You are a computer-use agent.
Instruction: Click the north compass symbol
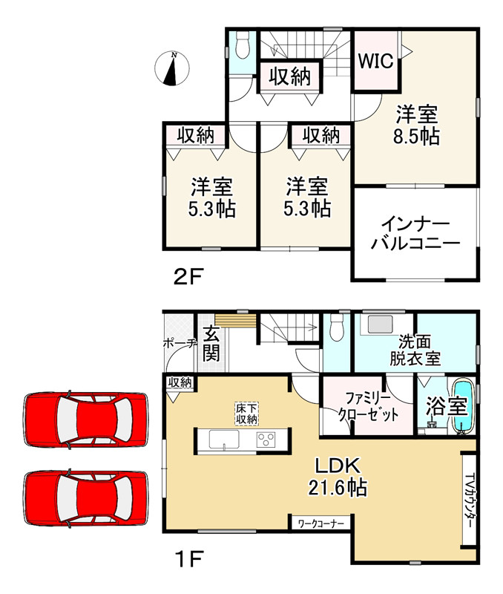click(172, 68)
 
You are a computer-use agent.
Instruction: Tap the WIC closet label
click(376, 61)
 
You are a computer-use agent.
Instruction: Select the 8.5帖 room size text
click(416, 136)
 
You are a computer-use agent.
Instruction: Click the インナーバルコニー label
click(415, 234)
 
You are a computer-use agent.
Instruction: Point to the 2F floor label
click(188, 276)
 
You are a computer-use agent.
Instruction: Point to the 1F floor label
click(189, 559)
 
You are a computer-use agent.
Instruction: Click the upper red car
click(85, 420)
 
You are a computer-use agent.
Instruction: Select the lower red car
click(85, 497)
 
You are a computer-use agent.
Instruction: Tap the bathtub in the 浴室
click(461, 406)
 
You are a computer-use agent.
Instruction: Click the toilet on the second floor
click(243, 45)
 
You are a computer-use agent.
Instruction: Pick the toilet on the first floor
click(336, 327)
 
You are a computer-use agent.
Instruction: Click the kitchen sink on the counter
click(224, 439)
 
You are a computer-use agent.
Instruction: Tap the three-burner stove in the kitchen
click(266, 440)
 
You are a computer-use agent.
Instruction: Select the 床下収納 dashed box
click(247, 414)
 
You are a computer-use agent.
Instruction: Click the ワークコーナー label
click(321, 523)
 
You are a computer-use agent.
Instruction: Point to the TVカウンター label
click(468, 500)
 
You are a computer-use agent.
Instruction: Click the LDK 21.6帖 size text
click(338, 476)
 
